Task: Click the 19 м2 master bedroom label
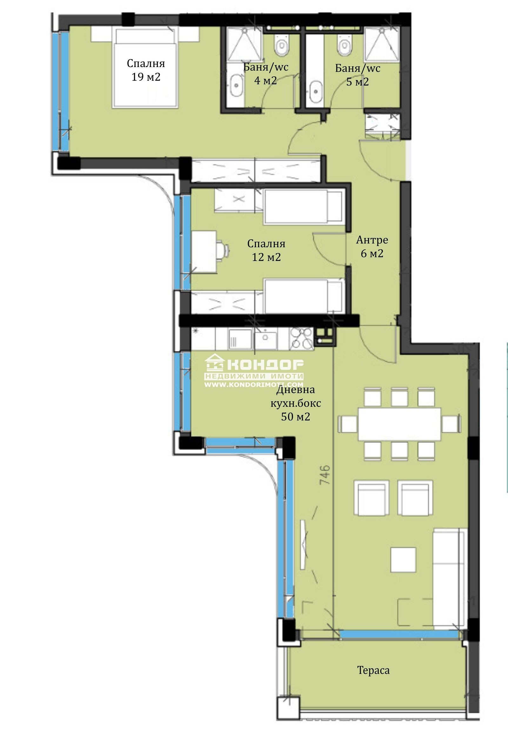146,70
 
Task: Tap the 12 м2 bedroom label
266,250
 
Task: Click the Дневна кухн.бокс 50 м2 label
296,403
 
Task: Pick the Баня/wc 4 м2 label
266,73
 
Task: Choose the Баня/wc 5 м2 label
358,75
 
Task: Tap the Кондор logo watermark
254,371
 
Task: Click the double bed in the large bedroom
145,67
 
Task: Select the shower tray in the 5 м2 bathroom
382,44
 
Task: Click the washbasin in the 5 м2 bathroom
316,91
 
